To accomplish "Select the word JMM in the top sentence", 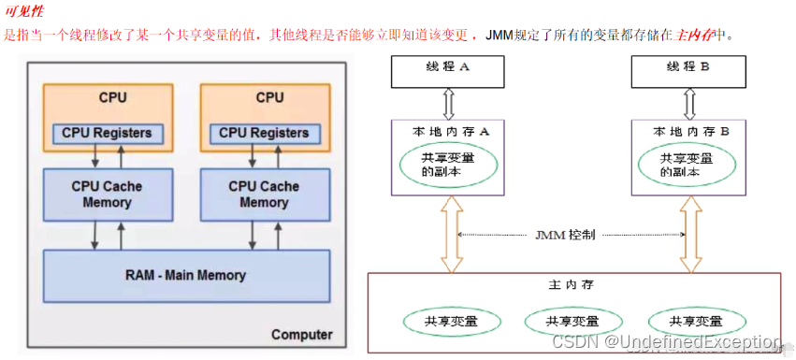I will coord(499,35).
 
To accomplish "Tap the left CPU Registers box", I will coord(107,133).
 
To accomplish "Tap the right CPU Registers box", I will coord(263,133).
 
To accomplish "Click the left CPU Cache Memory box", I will coord(107,194).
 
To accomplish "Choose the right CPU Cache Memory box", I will coord(263,194).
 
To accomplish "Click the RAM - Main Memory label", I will coord(185,275).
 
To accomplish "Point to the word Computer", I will coord(301,334).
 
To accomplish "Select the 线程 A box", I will coord(449,68).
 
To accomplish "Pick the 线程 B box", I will coord(689,68).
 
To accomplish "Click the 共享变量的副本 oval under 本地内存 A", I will coord(449,166).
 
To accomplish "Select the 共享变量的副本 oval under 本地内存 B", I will coord(691,166).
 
